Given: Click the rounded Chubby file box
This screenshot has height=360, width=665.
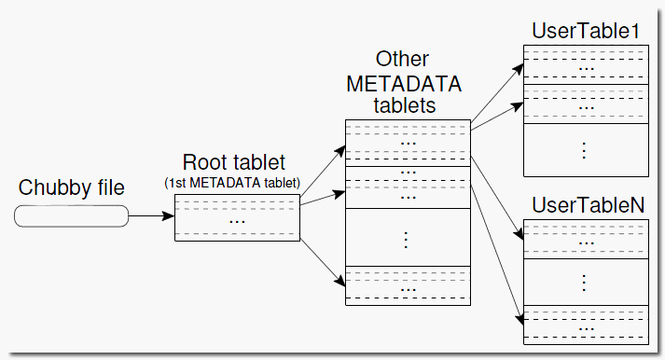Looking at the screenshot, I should pyautogui.click(x=71, y=215).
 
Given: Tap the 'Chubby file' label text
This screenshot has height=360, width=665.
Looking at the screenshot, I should pyautogui.click(x=71, y=187).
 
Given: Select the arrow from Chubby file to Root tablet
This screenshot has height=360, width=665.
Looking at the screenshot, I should pyautogui.click(x=150, y=216).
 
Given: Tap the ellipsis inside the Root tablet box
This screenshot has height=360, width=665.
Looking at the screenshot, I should pyautogui.click(x=237, y=221).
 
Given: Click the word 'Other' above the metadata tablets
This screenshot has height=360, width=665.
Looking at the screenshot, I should pyautogui.click(x=403, y=61).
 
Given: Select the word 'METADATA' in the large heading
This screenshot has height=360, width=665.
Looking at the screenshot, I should pyautogui.click(x=404, y=83).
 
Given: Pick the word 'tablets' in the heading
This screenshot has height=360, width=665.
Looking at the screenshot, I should pyautogui.click(x=404, y=105).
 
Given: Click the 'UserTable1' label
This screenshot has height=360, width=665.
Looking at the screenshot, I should pyautogui.click(x=585, y=31).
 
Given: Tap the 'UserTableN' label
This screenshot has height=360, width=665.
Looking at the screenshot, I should pyautogui.click(x=585, y=204).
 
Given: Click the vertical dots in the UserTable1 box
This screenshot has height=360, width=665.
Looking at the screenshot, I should pyautogui.click(x=585, y=148).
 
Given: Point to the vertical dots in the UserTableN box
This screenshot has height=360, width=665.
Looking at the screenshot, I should pyautogui.click(x=585, y=281).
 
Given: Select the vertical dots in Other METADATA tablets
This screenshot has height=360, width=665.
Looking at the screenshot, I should pyautogui.click(x=407, y=239).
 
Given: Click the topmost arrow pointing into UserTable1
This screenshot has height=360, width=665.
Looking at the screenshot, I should pyautogui.click(x=495, y=92).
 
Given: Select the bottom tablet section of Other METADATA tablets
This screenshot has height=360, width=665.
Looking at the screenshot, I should pyautogui.click(x=407, y=285).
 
